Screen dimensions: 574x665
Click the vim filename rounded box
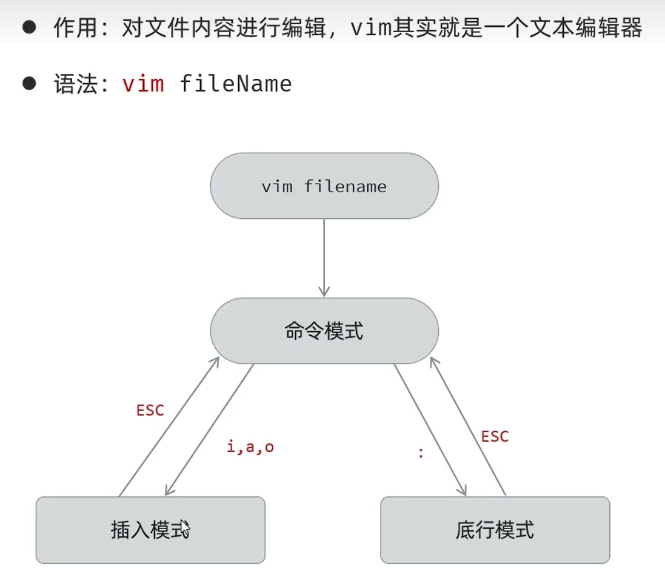(x=324, y=185)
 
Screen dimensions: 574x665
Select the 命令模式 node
(x=324, y=331)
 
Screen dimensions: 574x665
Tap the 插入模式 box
(x=150, y=530)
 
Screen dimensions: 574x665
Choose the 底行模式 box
(x=495, y=530)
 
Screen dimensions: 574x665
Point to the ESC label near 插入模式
(x=150, y=410)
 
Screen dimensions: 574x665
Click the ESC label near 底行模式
(x=495, y=436)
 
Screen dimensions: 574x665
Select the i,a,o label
(x=250, y=447)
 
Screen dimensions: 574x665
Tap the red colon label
(x=421, y=452)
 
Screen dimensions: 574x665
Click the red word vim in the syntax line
(x=143, y=84)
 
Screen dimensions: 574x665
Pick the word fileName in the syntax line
(x=236, y=84)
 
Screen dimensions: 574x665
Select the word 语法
(x=75, y=84)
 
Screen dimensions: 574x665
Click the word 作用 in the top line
(x=75, y=28)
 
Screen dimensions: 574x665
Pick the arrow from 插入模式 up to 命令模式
(x=169, y=427)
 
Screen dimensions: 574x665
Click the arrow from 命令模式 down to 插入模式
(x=209, y=430)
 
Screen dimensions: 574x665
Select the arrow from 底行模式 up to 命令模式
(x=467, y=426)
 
